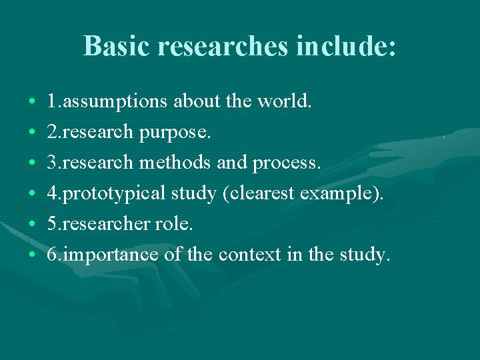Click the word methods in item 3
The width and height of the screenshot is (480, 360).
[x=175, y=163]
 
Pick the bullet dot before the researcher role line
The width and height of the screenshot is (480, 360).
[x=33, y=225]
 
